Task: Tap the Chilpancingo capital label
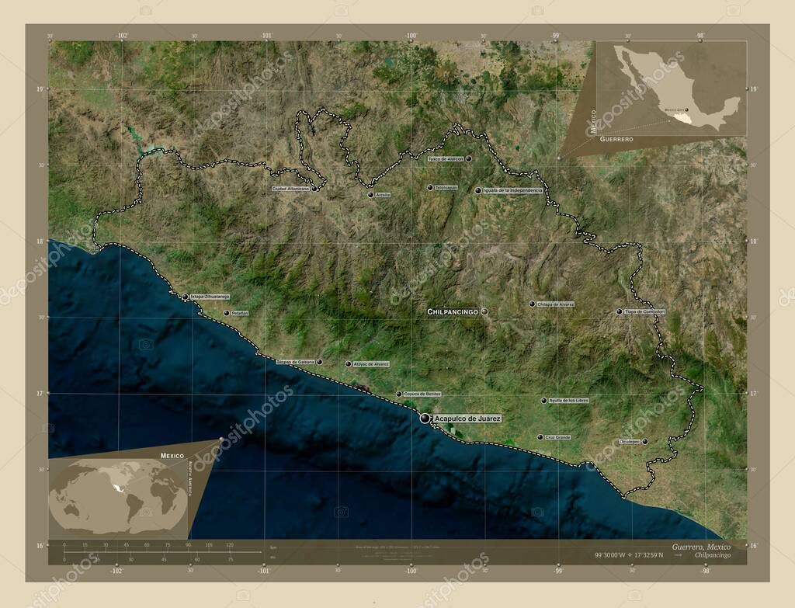click(x=452, y=311)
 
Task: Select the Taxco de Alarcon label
click(x=446, y=158)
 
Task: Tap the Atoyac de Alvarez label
click(x=371, y=363)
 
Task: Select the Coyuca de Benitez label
click(x=422, y=394)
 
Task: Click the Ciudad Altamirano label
click(x=290, y=188)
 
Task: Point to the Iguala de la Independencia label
click(x=512, y=190)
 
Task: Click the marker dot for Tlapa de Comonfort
click(x=620, y=311)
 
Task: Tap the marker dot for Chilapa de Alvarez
click(x=532, y=304)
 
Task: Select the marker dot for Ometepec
click(x=644, y=441)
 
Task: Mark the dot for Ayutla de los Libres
click(x=543, y=401)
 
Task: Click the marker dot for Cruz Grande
click(x=540, y=437)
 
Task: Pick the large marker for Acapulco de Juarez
click(x=425, y=419)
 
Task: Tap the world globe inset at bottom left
click(x=118, y=496)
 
